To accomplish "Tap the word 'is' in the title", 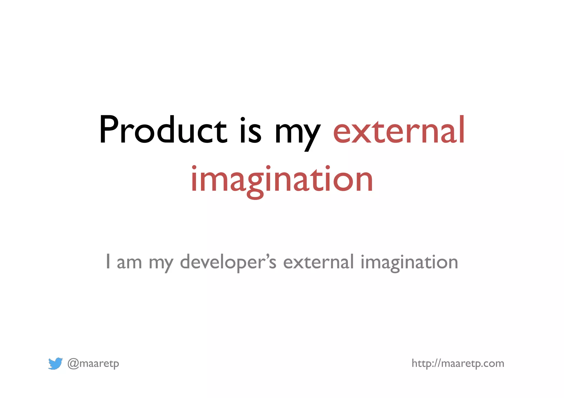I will (x=250, y=130).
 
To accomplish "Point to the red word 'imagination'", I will (x=282, y=180).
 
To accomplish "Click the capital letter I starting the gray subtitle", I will (x=108, y=262).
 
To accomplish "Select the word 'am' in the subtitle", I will (x=129, y=263).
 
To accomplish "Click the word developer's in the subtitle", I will (x=228, y=263).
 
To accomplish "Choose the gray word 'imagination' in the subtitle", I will (x=409, y=263).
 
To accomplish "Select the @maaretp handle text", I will (x=93, y=364).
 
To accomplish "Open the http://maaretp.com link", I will (x=458, y=364).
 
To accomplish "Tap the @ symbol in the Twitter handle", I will (x=73, y=364).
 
